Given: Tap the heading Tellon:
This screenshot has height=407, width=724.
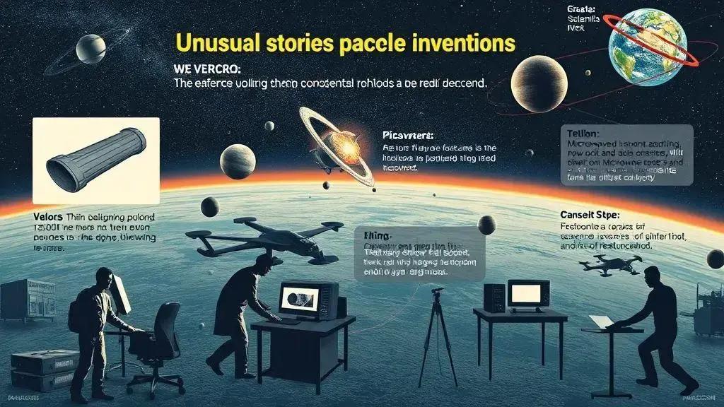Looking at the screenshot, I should (583, 132).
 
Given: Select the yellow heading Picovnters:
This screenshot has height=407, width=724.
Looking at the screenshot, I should (407, 134).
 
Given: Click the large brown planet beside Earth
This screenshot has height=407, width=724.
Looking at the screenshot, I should (539, 84).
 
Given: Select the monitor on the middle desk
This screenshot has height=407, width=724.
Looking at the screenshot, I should (308, 300).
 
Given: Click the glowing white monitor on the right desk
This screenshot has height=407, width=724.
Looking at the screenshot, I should (527, 293).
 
